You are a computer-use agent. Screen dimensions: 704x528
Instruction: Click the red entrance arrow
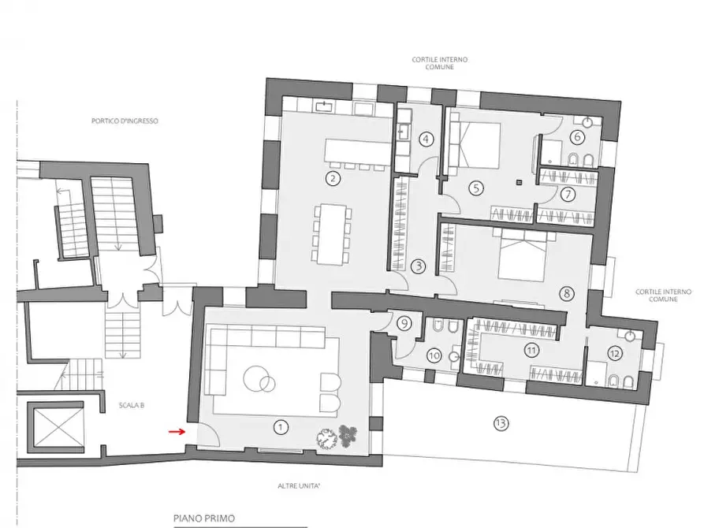click(x=177, y=432)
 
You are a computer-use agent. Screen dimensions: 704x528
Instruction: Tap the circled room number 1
click(x=281, y=426)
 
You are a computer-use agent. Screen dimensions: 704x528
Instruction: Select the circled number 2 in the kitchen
click(x=333, y=179)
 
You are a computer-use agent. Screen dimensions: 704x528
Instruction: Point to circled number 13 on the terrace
click(x=501, y=423)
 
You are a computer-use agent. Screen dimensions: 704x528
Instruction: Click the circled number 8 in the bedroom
click(x=567, y=294)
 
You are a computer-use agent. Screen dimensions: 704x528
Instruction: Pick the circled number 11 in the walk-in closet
click(x=531, y=349)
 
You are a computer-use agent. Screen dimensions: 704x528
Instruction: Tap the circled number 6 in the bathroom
click(x=577, y=137)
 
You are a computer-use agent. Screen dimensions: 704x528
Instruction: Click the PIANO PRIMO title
click(x=204, y=519)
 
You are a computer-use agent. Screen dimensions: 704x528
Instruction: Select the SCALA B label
click(x=132, y=405)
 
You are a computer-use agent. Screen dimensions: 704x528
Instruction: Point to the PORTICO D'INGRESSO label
click(x=125, y=121)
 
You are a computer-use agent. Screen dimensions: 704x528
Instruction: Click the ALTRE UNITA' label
click(x=299, y=485)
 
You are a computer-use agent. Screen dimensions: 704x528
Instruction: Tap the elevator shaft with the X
click(x=56, y=428)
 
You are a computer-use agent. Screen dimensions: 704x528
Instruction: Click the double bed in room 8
click(x=524, y=255)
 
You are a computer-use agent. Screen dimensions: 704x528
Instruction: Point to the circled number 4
click(x=426, y=139)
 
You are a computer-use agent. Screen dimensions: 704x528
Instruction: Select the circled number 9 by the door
click(x=404, y=323)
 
